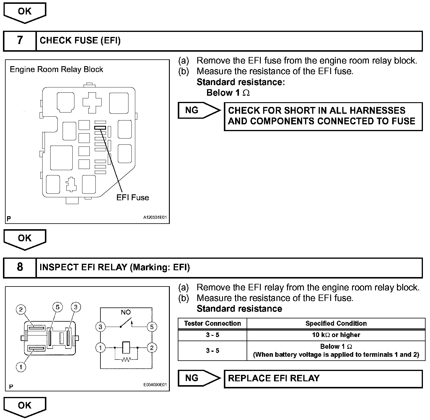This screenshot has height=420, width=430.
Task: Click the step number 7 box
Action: coord(19,41)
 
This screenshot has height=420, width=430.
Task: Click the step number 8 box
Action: coord(19,267)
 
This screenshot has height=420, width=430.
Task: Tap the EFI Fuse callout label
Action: coord(133,198)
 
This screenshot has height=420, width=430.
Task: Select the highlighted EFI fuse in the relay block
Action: coord(100,128)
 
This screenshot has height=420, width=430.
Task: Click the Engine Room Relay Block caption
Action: coord(56,70)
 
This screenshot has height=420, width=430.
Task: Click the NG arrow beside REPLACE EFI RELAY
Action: coord(198,378)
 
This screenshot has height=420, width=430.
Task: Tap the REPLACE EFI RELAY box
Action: coord(323,379)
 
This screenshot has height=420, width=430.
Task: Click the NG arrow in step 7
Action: coord(198,110)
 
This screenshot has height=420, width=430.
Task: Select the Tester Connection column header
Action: coord(212,323)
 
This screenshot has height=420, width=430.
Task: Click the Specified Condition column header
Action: coord(336,323)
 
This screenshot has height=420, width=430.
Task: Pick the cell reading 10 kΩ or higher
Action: coord(336,335)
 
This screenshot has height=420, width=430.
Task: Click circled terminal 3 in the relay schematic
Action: coord(100,327)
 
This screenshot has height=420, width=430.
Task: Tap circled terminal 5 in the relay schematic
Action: coord(152,327)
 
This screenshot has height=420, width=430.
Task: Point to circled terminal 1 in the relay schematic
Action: coord(100,348)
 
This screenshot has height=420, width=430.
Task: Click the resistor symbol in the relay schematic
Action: coord(126,359)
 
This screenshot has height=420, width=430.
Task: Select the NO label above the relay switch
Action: coord(126,312)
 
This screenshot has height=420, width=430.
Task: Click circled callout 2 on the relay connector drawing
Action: coord(21,310)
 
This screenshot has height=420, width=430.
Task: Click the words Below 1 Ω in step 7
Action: coord(228,93)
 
